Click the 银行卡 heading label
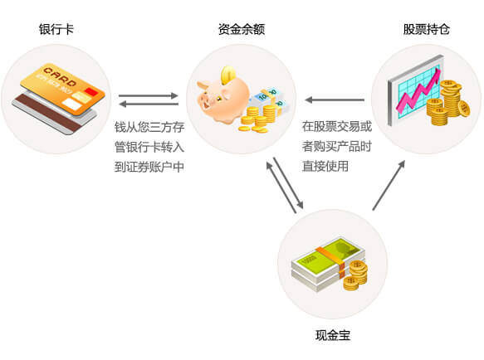tap(56, 29)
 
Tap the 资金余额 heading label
tap(242, 29)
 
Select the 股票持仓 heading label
tap(426, 29)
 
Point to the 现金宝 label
tap(333, 335)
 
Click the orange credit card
tap(62, 89)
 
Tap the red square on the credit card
tap(91, 92)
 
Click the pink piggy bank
tap(223, 98)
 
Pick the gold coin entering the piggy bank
tap(228, 74)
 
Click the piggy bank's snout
tap(204, 100)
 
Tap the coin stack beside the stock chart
tap(447, 102)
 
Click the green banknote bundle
tap(328, 263)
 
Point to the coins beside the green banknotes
tap(355, 275)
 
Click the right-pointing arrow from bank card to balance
tap(149, 95)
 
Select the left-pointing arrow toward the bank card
tap(149, 104)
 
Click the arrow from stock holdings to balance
tap(335, 100)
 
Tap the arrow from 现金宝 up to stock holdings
tap(389, 186)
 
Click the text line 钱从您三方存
tap(149, 127)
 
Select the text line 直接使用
tap(325, 166)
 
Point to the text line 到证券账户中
tap(149, 167)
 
